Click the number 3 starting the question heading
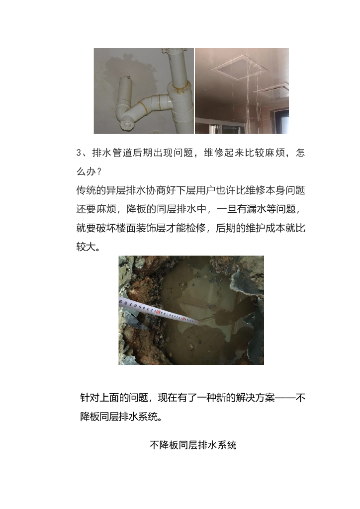79,153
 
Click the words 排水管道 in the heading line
112,153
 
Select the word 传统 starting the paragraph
86,190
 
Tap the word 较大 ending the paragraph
86,247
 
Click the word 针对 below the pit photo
90,398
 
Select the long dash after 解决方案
285,398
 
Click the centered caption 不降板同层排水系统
193,445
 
